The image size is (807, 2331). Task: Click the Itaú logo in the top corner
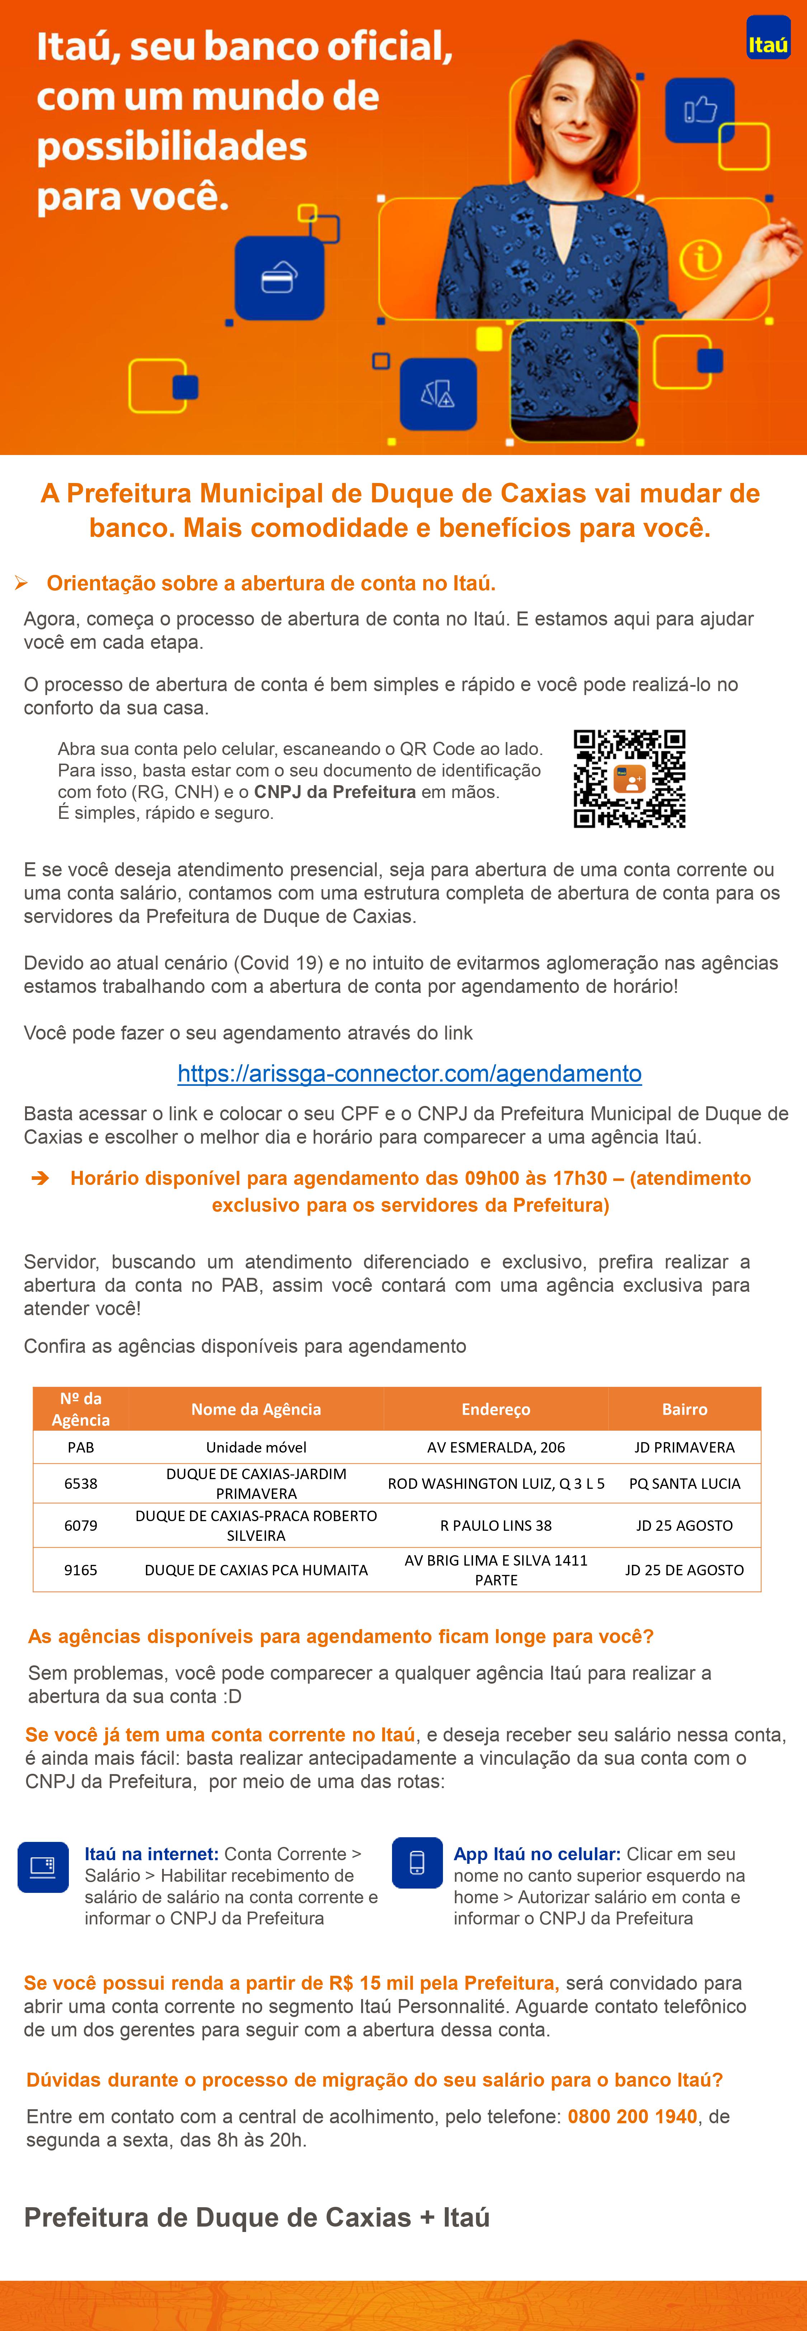tap(767, 38)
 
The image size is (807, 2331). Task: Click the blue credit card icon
tap(279, 278)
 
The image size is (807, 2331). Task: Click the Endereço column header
tap(496, 1409)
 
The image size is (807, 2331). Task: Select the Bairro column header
tap(684, 1409)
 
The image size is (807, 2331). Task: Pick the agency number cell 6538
tap(80, 1483)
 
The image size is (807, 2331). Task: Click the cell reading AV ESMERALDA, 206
tap(496, 1447)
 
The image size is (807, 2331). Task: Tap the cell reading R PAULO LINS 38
tap(496, 1525)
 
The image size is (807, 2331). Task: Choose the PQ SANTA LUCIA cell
tap(684, 1483)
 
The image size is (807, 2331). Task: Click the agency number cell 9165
tap(80, 1570)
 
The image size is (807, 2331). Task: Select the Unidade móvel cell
tap(256, 1447)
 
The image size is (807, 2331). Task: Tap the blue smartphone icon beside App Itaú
tap(417, 1862)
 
